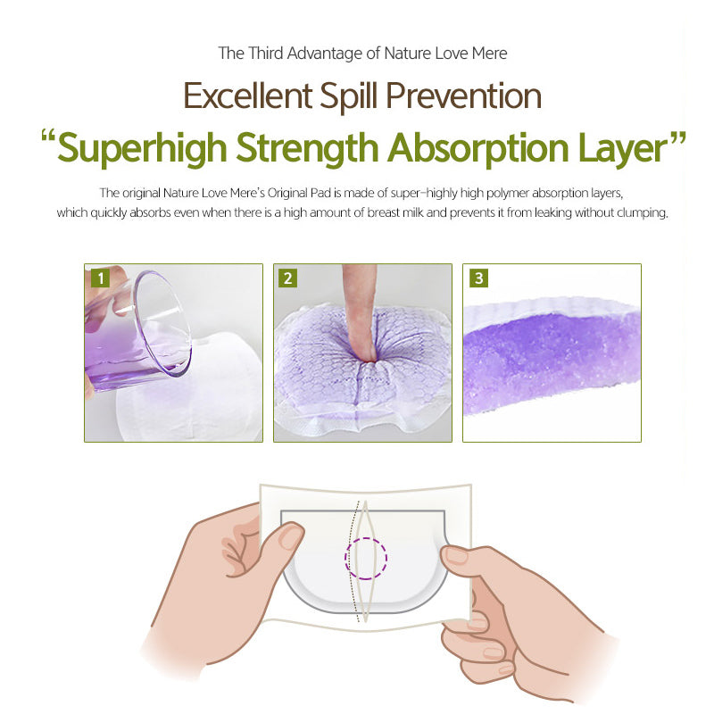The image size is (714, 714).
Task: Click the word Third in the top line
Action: (265, 54)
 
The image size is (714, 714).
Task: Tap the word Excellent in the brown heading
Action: (247, 96)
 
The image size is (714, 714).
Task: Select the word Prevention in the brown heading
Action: (463, 96)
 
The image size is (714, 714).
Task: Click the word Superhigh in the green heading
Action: (142, 149)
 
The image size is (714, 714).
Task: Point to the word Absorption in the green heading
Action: (478, 149)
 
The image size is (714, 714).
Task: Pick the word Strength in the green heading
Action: (307, 149)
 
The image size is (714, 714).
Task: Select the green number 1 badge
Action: (100, 278)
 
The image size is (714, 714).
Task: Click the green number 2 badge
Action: (287, 278)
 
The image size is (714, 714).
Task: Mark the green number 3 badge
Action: (478, 278)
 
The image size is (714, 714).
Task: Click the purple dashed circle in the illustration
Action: (366, 559)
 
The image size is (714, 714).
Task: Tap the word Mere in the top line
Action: (489, 54)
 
